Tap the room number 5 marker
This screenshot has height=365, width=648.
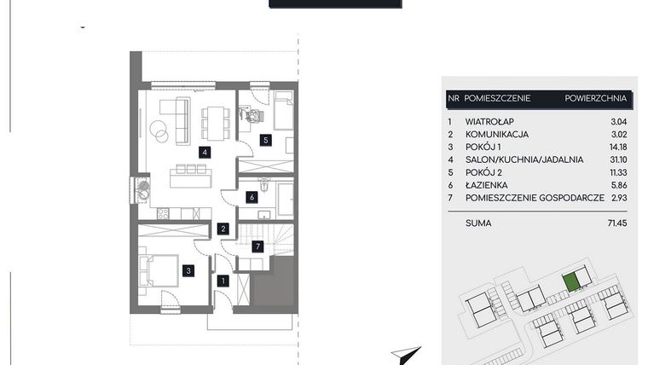point(265,140)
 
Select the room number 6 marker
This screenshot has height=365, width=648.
point(252,197)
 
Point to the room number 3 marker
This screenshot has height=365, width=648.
point(188,271)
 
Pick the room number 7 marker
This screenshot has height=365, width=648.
point(259,246)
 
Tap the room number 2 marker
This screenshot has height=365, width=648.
point(222,229)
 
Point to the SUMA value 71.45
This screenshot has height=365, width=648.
point(616,223)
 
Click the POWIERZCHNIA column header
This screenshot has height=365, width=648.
point(595,99)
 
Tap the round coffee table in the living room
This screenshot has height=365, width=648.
point(159,130)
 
